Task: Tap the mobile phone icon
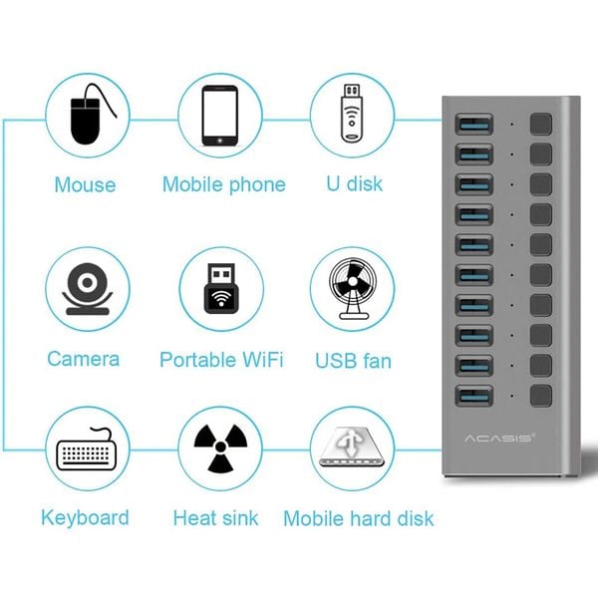click(221, 118)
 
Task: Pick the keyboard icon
click(87, 453)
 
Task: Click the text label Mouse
click(85, 185)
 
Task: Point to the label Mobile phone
click(223, 185)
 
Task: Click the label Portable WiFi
click(221, 360)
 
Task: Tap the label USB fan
click(354, 360)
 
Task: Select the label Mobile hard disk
click(358, 518)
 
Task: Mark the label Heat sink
click(215, 518)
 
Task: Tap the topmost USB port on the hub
click(471, 125)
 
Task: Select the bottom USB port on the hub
click(471, 394)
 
